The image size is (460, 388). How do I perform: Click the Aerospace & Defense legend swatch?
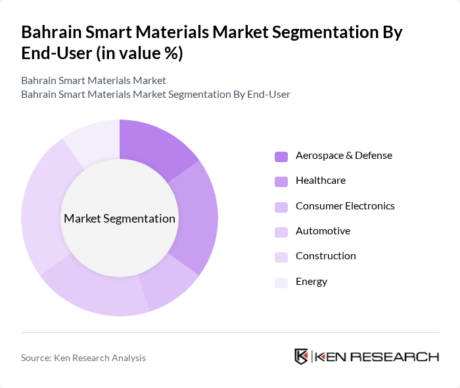(281, 156)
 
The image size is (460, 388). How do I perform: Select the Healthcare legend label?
(320, 181)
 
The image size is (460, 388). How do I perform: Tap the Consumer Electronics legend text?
(345, 205)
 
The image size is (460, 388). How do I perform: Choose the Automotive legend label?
(323, 231)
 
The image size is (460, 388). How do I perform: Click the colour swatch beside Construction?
(281, 257)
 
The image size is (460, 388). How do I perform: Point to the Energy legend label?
(311, 282)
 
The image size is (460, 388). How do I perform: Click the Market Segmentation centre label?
(120, 219)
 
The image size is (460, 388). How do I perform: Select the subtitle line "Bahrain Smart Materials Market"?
(93, 81)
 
